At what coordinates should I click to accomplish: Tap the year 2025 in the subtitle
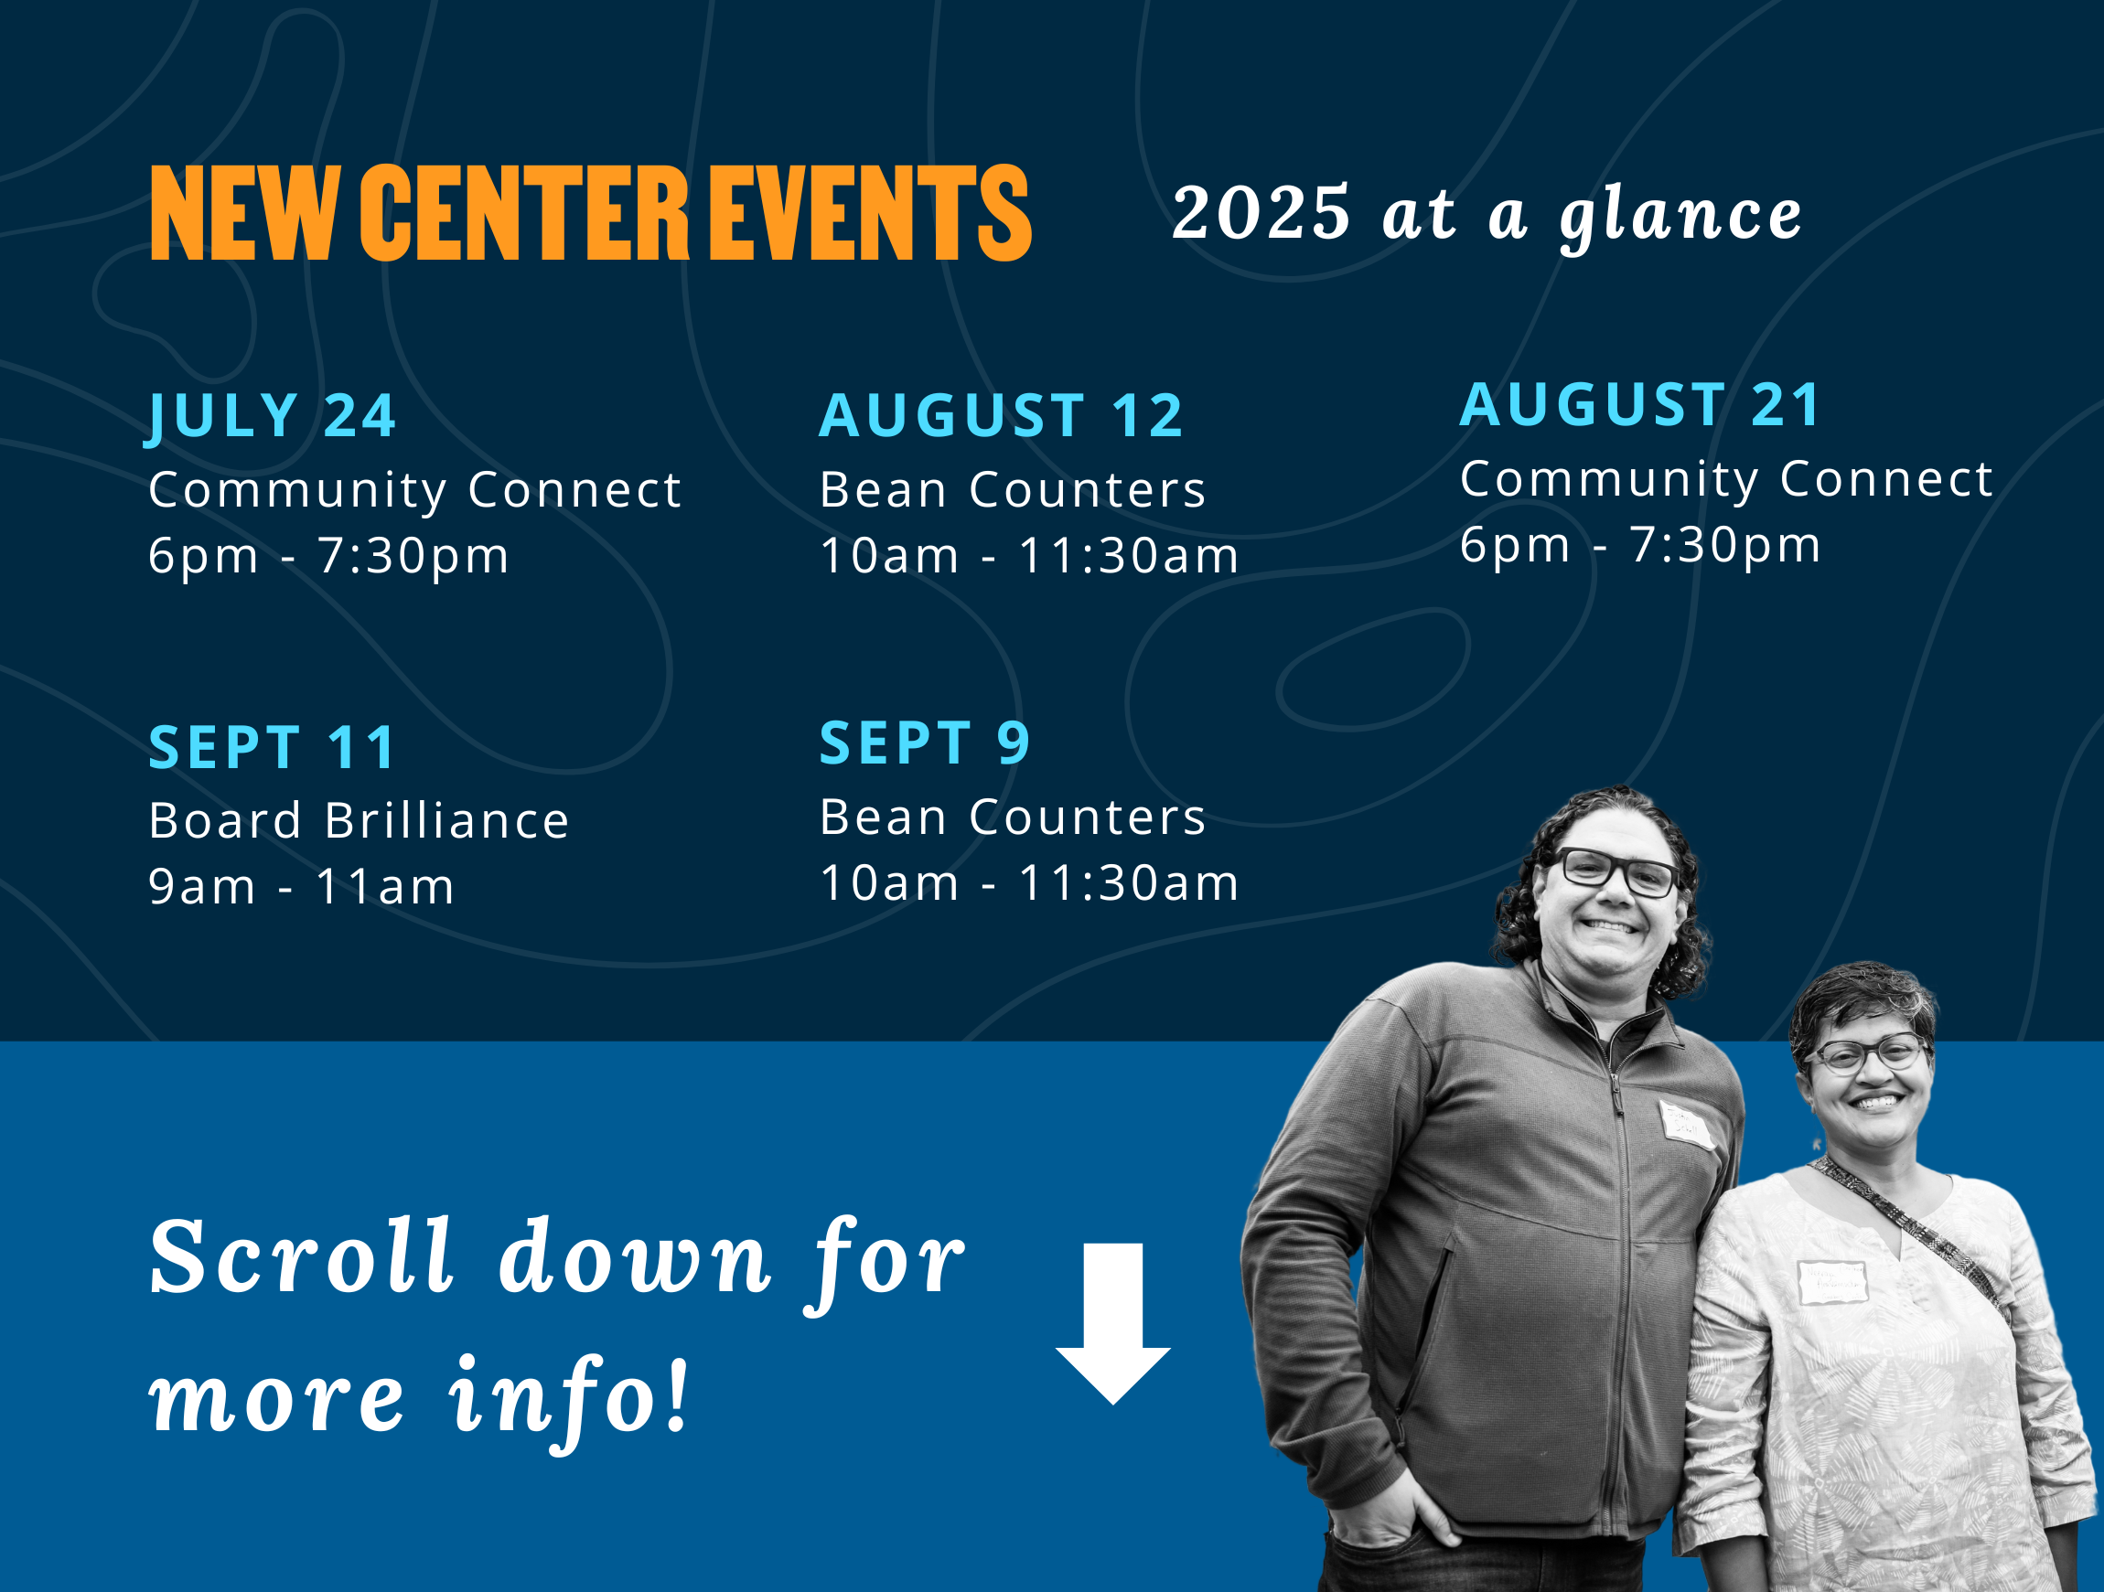(1261, 212)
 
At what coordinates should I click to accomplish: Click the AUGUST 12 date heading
(1002, 415)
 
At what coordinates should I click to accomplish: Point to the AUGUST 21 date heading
(1641, 404)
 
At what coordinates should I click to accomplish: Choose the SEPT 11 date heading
(272, 747)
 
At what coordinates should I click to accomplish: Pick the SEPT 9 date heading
(925, 743)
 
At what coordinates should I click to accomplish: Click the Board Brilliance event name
(359, 821)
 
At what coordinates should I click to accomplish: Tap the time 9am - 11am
(302, 886)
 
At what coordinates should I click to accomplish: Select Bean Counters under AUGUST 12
(1013, 490)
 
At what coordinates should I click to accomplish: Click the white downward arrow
(1113, 1323)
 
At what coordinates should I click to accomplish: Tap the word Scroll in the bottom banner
(301, 1257)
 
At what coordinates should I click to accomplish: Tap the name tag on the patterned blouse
(1833, 1282)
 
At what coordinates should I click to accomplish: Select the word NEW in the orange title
(244, 212)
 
